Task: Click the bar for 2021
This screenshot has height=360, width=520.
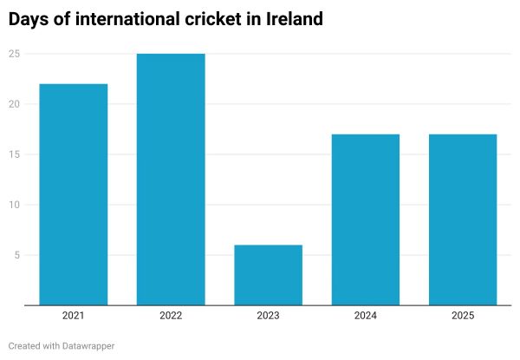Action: pyautogui.click(x=73, y=194)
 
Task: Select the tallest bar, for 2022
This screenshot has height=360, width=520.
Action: pyautogui.click(x=171, y=180)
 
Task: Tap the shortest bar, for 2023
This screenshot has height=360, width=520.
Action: pyautogui.click(x=268, y=275)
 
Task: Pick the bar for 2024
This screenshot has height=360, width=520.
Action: pyautogui.click(x=365, y=219)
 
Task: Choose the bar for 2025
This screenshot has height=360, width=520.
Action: pyautogui.click(x=463, y=219)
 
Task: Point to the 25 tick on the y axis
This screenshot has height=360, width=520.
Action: pyautogui.click(x=14, y=54)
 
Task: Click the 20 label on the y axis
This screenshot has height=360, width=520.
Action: pyautogui.click(x=14, y=104)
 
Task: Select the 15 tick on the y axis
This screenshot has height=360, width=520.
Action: pyautogui.click(x=14, y=154)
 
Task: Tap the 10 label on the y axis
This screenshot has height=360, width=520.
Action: pyautogui.click(x=14, y=205)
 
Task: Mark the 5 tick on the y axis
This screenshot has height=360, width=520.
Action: pyautogui.click(x=16, y=255)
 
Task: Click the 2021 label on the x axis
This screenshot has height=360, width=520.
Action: pyautogui.click(x=73, y=316)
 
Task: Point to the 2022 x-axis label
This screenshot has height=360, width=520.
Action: pyautogui.click(x=171, y=316)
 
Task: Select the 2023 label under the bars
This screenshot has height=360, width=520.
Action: pyautogui.click(x=268, y=316)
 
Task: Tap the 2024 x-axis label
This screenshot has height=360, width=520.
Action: pyautogui.click(x=365, y=316)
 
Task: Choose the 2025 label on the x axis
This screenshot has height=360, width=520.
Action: pyautogui.click(x=463, y=316)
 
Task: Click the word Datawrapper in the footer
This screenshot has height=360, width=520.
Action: pyautogui.click(x=88, y=345)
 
